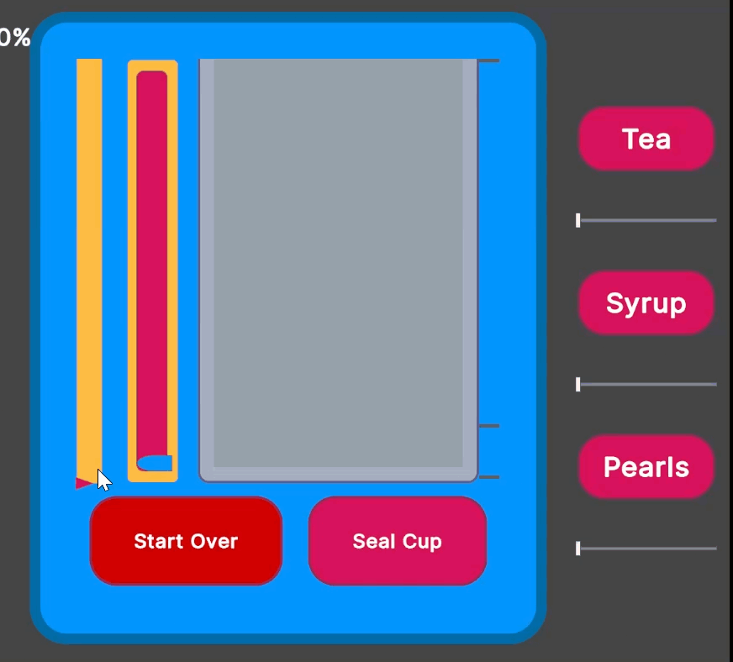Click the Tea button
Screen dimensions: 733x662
[x=646, y=139]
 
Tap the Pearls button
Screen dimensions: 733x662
[x=646, y=467]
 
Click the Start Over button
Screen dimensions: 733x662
[x=186, y=540]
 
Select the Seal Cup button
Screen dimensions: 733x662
[x=398, y=540]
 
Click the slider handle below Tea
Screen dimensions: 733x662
[x=578, y=220]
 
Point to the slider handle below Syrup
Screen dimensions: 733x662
[x=578, y=385]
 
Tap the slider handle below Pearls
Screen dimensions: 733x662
[x=578, y=549]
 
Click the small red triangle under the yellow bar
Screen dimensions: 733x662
[x=82, y=483]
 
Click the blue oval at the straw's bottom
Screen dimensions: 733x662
[x=155, y=463]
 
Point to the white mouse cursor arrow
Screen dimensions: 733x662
[x=103, y=479]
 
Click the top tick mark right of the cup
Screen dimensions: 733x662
[x=489, y=60]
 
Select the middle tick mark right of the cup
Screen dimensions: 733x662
[x=489, y=426]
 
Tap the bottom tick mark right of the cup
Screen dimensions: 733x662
[x=489, y=477]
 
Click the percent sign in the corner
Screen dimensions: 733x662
[x=21, y=37]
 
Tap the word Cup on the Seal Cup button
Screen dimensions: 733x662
[x=422, y=542]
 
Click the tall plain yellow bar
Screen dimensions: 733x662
[x=89, y=267]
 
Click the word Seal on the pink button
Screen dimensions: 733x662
[x=374, y=541]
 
